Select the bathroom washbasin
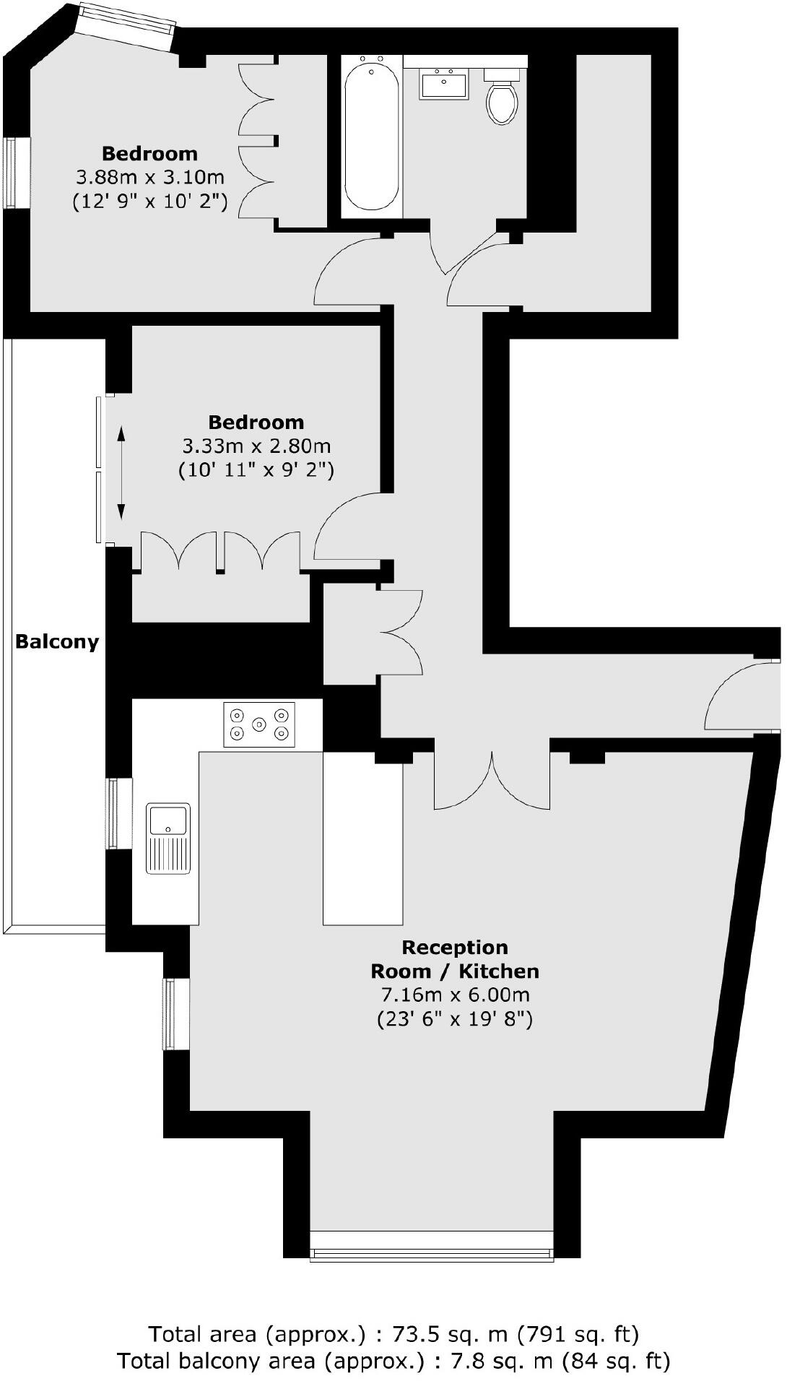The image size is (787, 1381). (443, 84)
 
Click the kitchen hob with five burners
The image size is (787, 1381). (259, 724)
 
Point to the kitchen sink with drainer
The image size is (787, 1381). (168, 838)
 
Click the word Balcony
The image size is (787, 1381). (57, 641)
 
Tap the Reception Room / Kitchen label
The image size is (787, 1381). (455, 958)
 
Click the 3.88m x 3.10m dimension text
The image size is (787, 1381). (150, 177)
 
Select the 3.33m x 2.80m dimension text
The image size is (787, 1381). (256, 446)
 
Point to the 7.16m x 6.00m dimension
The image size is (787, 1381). (455, 995)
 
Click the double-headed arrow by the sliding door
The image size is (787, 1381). (121, 473)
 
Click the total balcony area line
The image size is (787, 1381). (393, 1361)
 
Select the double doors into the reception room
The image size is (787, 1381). (492, 784)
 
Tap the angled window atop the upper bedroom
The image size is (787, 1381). (126, 25)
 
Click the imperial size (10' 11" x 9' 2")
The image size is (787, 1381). (256, 471)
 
